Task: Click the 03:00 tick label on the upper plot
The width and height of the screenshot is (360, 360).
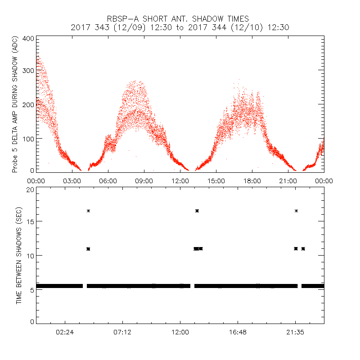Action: pyautogui.click(x=72, y=180)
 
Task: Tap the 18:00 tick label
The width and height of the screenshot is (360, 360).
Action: pyautogui.click(x=252, y=180)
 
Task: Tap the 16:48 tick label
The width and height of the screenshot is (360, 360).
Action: pyautogui.click(x=237, y=332)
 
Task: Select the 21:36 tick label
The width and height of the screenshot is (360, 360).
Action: pyautogui.click(x=295, y=332)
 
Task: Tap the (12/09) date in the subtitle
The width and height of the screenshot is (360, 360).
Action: pyautogui.click(x=117, y=27)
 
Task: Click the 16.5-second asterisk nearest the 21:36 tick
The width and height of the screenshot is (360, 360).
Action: pyautogui.click(x=296, y=211)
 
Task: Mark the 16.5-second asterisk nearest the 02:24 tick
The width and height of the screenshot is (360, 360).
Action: pyautogui.click(x=89, y=211)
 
